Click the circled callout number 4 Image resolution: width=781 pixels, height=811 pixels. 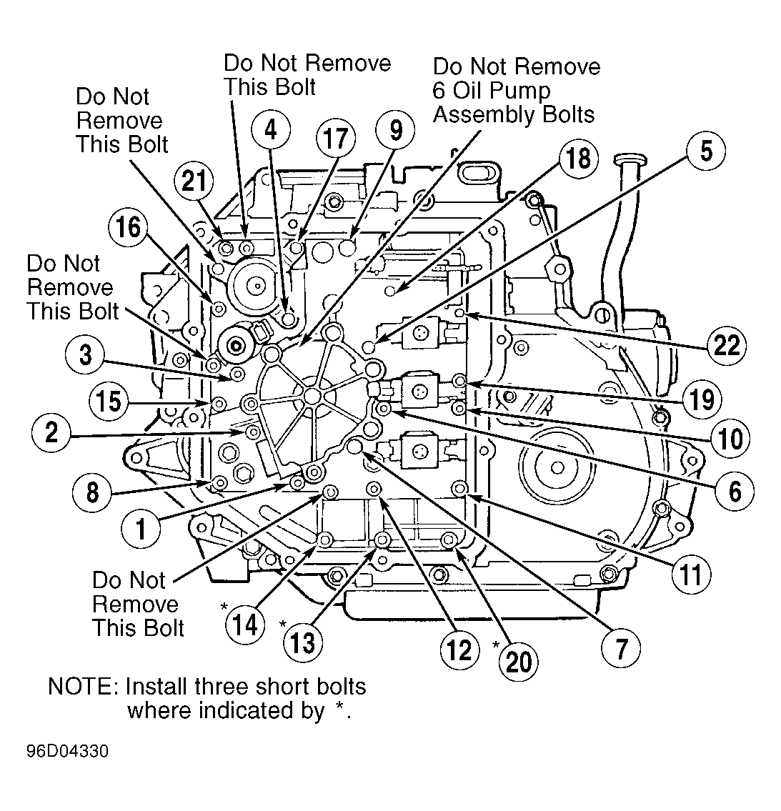pos(271,130)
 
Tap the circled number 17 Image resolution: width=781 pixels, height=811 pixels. pos(336,139)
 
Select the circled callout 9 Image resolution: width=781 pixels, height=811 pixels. pos(396,130)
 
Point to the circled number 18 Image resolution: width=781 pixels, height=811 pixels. pos(578,158)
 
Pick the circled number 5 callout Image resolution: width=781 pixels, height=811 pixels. pos(706,151)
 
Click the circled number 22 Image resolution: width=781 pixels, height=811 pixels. pos(727,344)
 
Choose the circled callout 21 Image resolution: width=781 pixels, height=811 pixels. pos(194,181)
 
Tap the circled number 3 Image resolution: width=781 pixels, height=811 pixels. pos(85,355)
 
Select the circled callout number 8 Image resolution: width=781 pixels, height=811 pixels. pos(92,492)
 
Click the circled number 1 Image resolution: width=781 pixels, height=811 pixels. pos(141,529)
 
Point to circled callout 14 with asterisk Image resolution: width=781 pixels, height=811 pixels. pos(245,625)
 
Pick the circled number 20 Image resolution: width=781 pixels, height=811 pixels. pos(519,662)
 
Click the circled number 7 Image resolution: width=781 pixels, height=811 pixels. pos(621,648)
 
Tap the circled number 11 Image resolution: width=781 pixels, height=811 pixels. pos(692,574)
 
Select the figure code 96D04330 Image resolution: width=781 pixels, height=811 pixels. pos(68,751)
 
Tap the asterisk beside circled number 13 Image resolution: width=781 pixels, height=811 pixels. pos(283,624)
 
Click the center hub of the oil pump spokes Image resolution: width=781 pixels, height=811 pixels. pos(312,397)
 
